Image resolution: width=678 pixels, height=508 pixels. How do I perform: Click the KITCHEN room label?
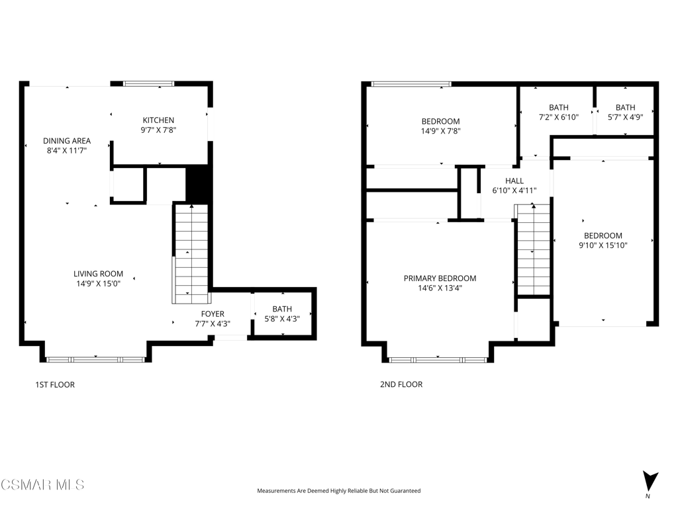(159, 120)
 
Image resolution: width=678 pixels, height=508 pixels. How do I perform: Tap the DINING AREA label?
(67, 141)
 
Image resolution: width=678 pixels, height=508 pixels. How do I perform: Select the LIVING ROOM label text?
(98, 274)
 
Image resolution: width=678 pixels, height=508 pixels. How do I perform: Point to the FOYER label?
(213, 314)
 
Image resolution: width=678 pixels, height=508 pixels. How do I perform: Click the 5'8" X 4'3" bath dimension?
(282, 319)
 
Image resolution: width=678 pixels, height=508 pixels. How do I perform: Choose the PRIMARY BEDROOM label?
(440, 278)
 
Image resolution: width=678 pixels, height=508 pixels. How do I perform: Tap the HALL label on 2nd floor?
(514, 181)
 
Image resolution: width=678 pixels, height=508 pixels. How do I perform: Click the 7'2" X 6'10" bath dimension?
(559, 117)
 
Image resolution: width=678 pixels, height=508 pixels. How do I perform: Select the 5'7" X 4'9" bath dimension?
(625, 117)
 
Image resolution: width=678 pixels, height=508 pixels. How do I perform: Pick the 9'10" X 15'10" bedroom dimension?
(603, 245)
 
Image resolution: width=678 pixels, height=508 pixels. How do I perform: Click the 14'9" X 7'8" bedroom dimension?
(440, 131)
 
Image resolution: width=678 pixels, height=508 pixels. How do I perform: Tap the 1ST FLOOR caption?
(55, 384)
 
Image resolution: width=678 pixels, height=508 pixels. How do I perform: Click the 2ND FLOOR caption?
(401, 384)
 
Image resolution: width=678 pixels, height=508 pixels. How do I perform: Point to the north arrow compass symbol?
(650, 482)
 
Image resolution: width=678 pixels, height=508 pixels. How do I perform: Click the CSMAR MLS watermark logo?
(42, 485)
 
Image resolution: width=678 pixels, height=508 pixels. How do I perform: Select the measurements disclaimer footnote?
(339, 491)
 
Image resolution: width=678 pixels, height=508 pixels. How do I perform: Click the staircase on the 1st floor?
(190, 254)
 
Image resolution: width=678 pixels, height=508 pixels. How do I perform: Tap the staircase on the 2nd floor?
(533, 251)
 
